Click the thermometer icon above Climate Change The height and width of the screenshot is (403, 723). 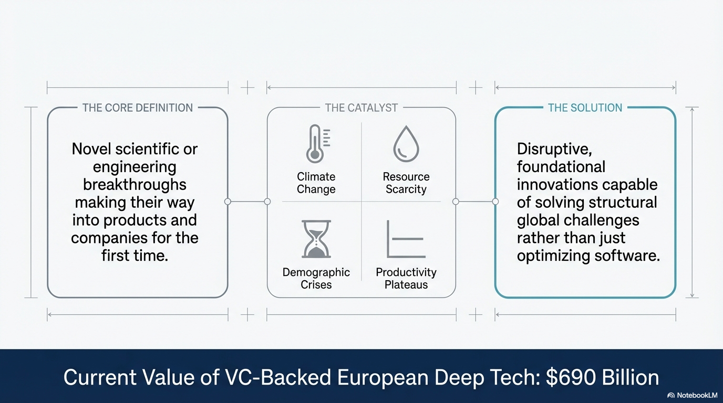point(315,144)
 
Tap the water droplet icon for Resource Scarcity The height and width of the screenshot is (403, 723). point(406,143)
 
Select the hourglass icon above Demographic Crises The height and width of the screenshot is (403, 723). point(316,239)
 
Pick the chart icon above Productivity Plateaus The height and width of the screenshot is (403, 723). point(406,239)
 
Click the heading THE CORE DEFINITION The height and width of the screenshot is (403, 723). point(138,108)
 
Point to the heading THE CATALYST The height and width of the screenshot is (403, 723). point(361,108)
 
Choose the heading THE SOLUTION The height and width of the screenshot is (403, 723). point(585,108)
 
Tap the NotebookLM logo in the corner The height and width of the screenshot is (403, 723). point(691,395)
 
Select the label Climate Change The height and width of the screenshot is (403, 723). point(316,183)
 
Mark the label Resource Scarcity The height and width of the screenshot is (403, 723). point(406,183)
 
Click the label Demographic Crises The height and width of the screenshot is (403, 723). point(316,279)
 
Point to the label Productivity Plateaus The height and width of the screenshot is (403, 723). point(406,279)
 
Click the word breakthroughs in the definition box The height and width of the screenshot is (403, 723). point(135,185)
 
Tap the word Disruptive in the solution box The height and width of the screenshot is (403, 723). point(554,149)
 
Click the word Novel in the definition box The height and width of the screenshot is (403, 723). point(90,149)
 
